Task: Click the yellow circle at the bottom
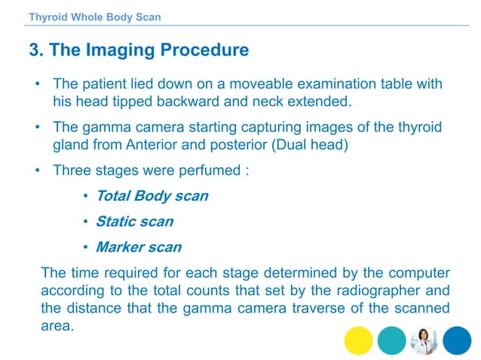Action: point(358,340)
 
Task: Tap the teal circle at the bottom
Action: point(391,340)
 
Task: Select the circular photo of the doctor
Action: point(424,340)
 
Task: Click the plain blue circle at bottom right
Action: point(456,340)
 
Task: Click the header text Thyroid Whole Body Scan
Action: point(94,17)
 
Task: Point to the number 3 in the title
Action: point(34,50)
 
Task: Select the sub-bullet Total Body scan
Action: point(152,196)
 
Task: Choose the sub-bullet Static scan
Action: point(134,221)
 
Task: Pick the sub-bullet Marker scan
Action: point(139,247)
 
